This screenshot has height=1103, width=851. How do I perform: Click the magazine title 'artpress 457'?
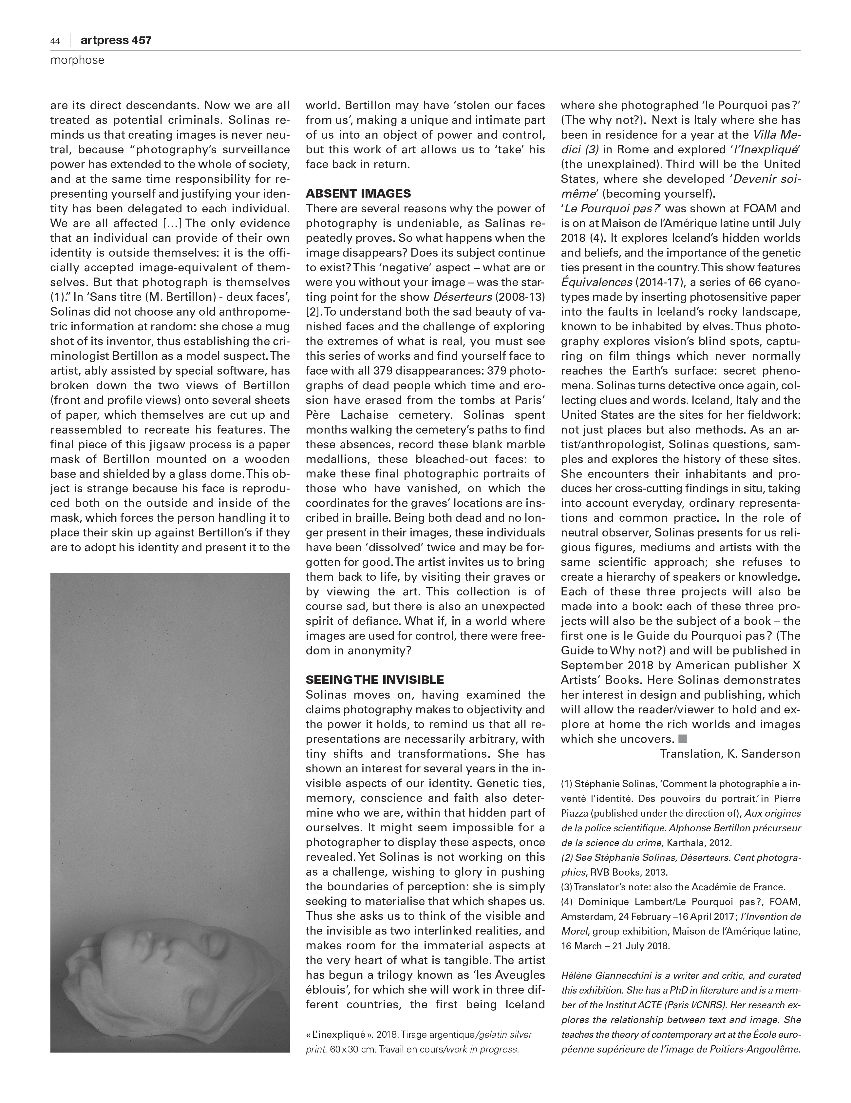click(x=116, y=40)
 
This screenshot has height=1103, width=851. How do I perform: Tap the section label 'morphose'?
click(x=77, y=60)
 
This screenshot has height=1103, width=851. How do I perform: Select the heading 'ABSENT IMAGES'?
click(x=358, y=193)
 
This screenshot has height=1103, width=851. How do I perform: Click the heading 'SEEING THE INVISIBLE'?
click(x=374, y=680)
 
